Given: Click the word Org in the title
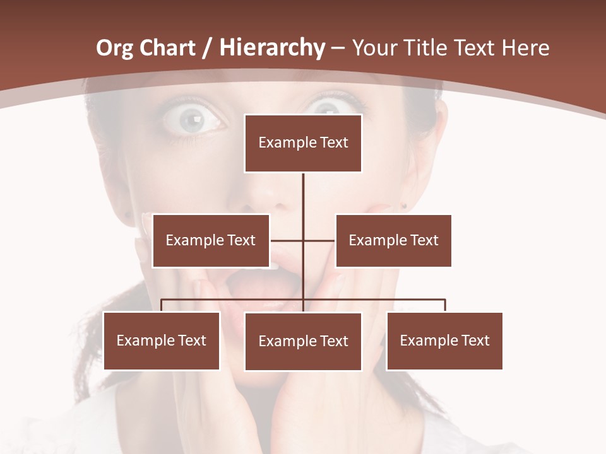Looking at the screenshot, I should (115, 48).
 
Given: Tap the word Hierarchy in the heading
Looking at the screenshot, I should (272, 48).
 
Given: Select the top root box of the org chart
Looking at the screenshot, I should (303, 143).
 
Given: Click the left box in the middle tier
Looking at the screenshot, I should (211, 240).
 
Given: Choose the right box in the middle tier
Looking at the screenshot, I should (393, 240).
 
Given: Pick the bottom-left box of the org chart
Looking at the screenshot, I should (162, 341).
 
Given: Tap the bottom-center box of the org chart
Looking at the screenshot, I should (303, 342).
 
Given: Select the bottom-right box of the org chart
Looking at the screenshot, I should (444, 341).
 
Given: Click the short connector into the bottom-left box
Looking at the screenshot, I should (162, 305).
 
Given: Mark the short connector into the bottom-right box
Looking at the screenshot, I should (445, 305).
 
